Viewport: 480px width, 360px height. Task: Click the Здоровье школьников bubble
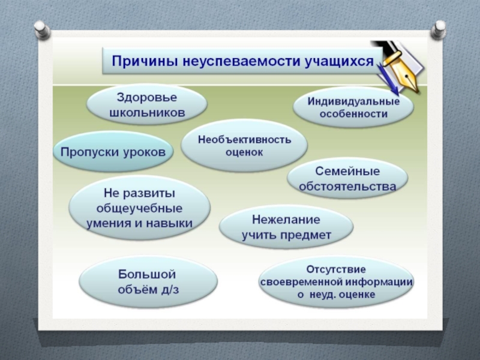click(146, 103)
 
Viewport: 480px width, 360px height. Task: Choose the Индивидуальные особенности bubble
click(353, 107)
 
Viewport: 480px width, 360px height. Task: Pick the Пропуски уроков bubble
click(113, 151)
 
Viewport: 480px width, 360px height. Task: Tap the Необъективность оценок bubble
click(244, 146)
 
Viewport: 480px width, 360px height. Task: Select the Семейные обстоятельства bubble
click(348, 179)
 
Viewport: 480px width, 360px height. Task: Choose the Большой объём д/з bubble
click(148, 281)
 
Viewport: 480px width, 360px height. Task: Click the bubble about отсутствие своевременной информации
click(336, 281)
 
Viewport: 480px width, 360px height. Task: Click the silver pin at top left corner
click(41, 28)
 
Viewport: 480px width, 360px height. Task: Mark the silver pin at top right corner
click(439, 28)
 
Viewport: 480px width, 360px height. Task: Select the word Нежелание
click(286, 219)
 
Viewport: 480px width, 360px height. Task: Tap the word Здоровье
click(146, 95)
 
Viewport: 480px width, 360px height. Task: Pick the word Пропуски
click(85, 151)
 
